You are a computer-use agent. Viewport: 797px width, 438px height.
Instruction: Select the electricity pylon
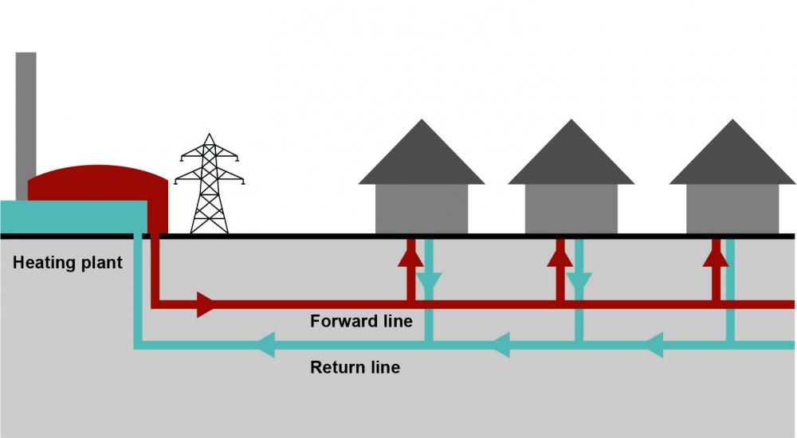click(x=210, y=183)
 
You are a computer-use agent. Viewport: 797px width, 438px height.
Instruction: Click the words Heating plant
click(x=68, y=263)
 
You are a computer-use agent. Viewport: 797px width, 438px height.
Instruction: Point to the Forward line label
click(x=361, y=321)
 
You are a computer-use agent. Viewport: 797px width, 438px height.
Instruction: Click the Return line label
click(x=355, y=367)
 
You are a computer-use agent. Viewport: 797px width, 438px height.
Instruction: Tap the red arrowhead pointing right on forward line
click(x=206, y=305)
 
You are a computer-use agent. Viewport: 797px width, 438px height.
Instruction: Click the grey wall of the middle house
click(x=571, y=209)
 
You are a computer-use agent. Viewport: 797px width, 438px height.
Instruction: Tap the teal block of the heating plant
click(x=73, y=217)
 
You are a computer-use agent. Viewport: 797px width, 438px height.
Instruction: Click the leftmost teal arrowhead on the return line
click(x=266, y=345)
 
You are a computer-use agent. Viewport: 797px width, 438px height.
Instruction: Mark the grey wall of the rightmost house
click(x=732, y=209)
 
